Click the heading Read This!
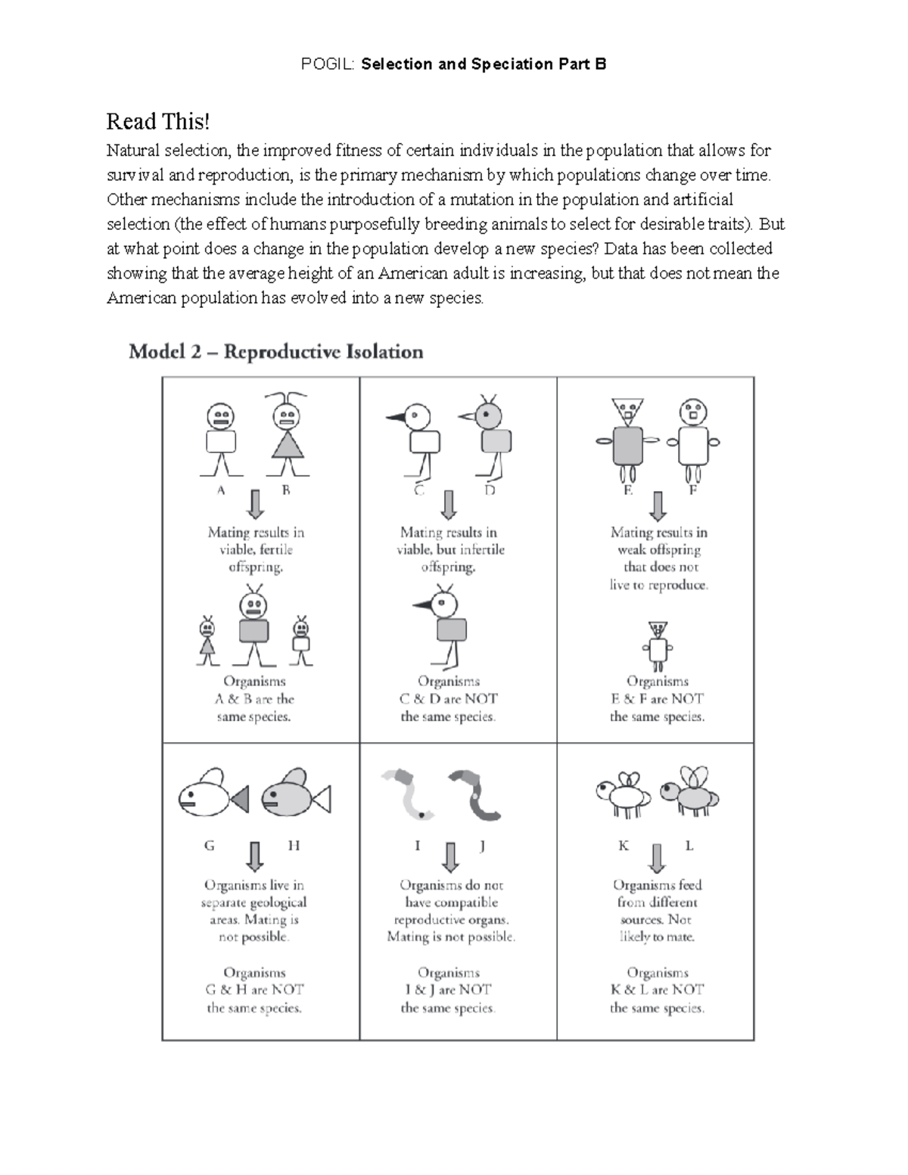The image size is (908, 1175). (157, 121)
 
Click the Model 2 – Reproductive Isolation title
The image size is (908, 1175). (275, 352)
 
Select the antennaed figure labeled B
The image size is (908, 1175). (287, 435)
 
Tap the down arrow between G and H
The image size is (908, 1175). (255, 856)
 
